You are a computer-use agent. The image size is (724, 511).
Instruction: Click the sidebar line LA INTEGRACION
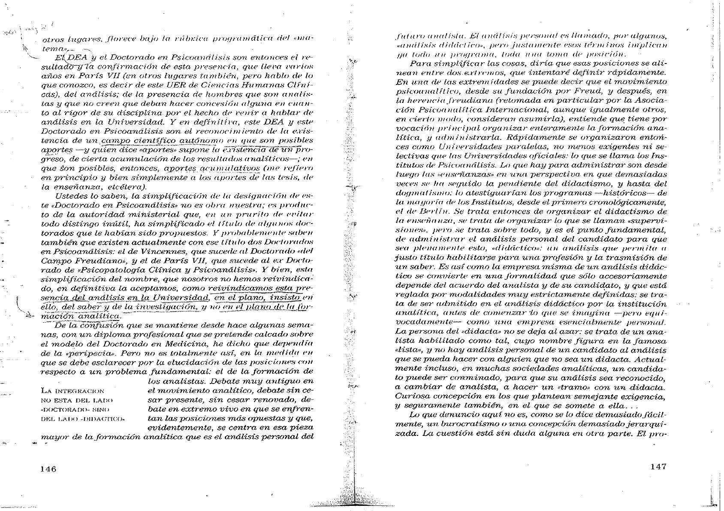tap(72, 391)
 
